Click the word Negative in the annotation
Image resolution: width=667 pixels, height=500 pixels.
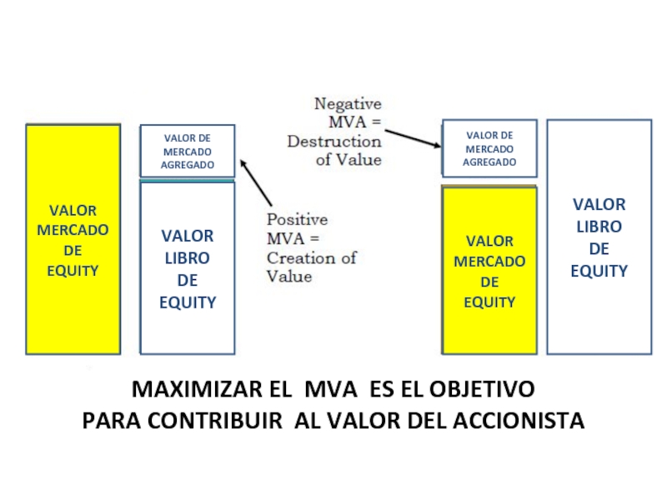click(x=348, y=104)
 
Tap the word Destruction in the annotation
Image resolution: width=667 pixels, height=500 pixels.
click(x=334, y=142)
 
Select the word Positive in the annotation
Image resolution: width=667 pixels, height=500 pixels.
click(x=297, y=220)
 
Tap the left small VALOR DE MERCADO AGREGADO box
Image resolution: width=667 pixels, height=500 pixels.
click(x=188, y=151)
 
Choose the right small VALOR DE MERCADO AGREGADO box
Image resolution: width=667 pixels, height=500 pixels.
click(x=489, y=148)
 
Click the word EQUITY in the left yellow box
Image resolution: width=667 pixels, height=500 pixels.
click(x=73, y=271)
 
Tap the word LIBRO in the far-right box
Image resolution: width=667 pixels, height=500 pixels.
click(x=599, y=227)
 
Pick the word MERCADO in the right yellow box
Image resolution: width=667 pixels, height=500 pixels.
click(x=489, y=262)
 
